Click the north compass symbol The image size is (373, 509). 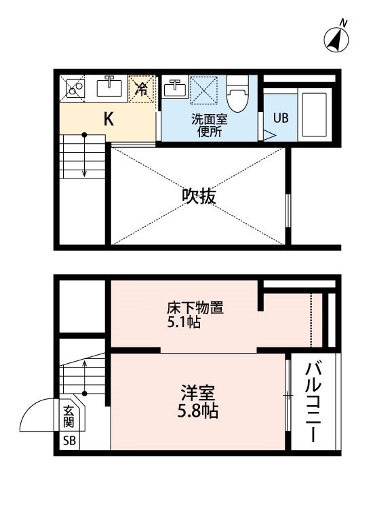336,38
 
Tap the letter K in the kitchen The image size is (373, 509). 109,119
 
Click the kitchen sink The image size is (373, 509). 109,87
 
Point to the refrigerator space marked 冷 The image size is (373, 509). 142,89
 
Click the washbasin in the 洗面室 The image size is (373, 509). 175,87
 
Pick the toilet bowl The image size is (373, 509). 237,94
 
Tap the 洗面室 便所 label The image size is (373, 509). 210,126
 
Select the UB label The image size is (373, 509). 281,118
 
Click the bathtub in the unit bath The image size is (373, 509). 314,115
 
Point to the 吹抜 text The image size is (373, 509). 199,196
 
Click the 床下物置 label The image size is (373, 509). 195,307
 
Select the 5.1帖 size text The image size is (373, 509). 184,322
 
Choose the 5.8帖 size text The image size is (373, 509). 197,411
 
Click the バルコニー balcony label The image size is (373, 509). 313,402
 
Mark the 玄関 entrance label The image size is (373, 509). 68,417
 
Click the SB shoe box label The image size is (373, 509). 69,440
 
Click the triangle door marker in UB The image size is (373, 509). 269,136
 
